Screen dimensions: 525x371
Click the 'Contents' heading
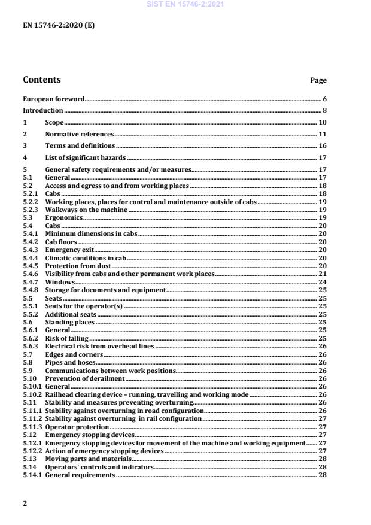click(x=41, y=80)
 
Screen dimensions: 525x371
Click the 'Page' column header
click(x=318, y=80)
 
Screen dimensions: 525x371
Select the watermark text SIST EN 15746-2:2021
click(x=185, y=4)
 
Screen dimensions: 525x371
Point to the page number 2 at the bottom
click(x=25, y=503)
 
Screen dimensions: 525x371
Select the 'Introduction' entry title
click(x=42, y=111)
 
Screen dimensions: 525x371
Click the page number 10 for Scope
click(x=321, y=122)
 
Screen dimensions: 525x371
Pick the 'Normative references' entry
click(x=80, y=134)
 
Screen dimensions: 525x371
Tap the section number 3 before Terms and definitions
click(x=25, y=145)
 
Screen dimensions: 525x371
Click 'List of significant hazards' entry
click(x=86, y=157)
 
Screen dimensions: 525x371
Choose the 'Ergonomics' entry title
click(x=64, y=218)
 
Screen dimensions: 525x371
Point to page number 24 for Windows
click(x=321, y=282)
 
